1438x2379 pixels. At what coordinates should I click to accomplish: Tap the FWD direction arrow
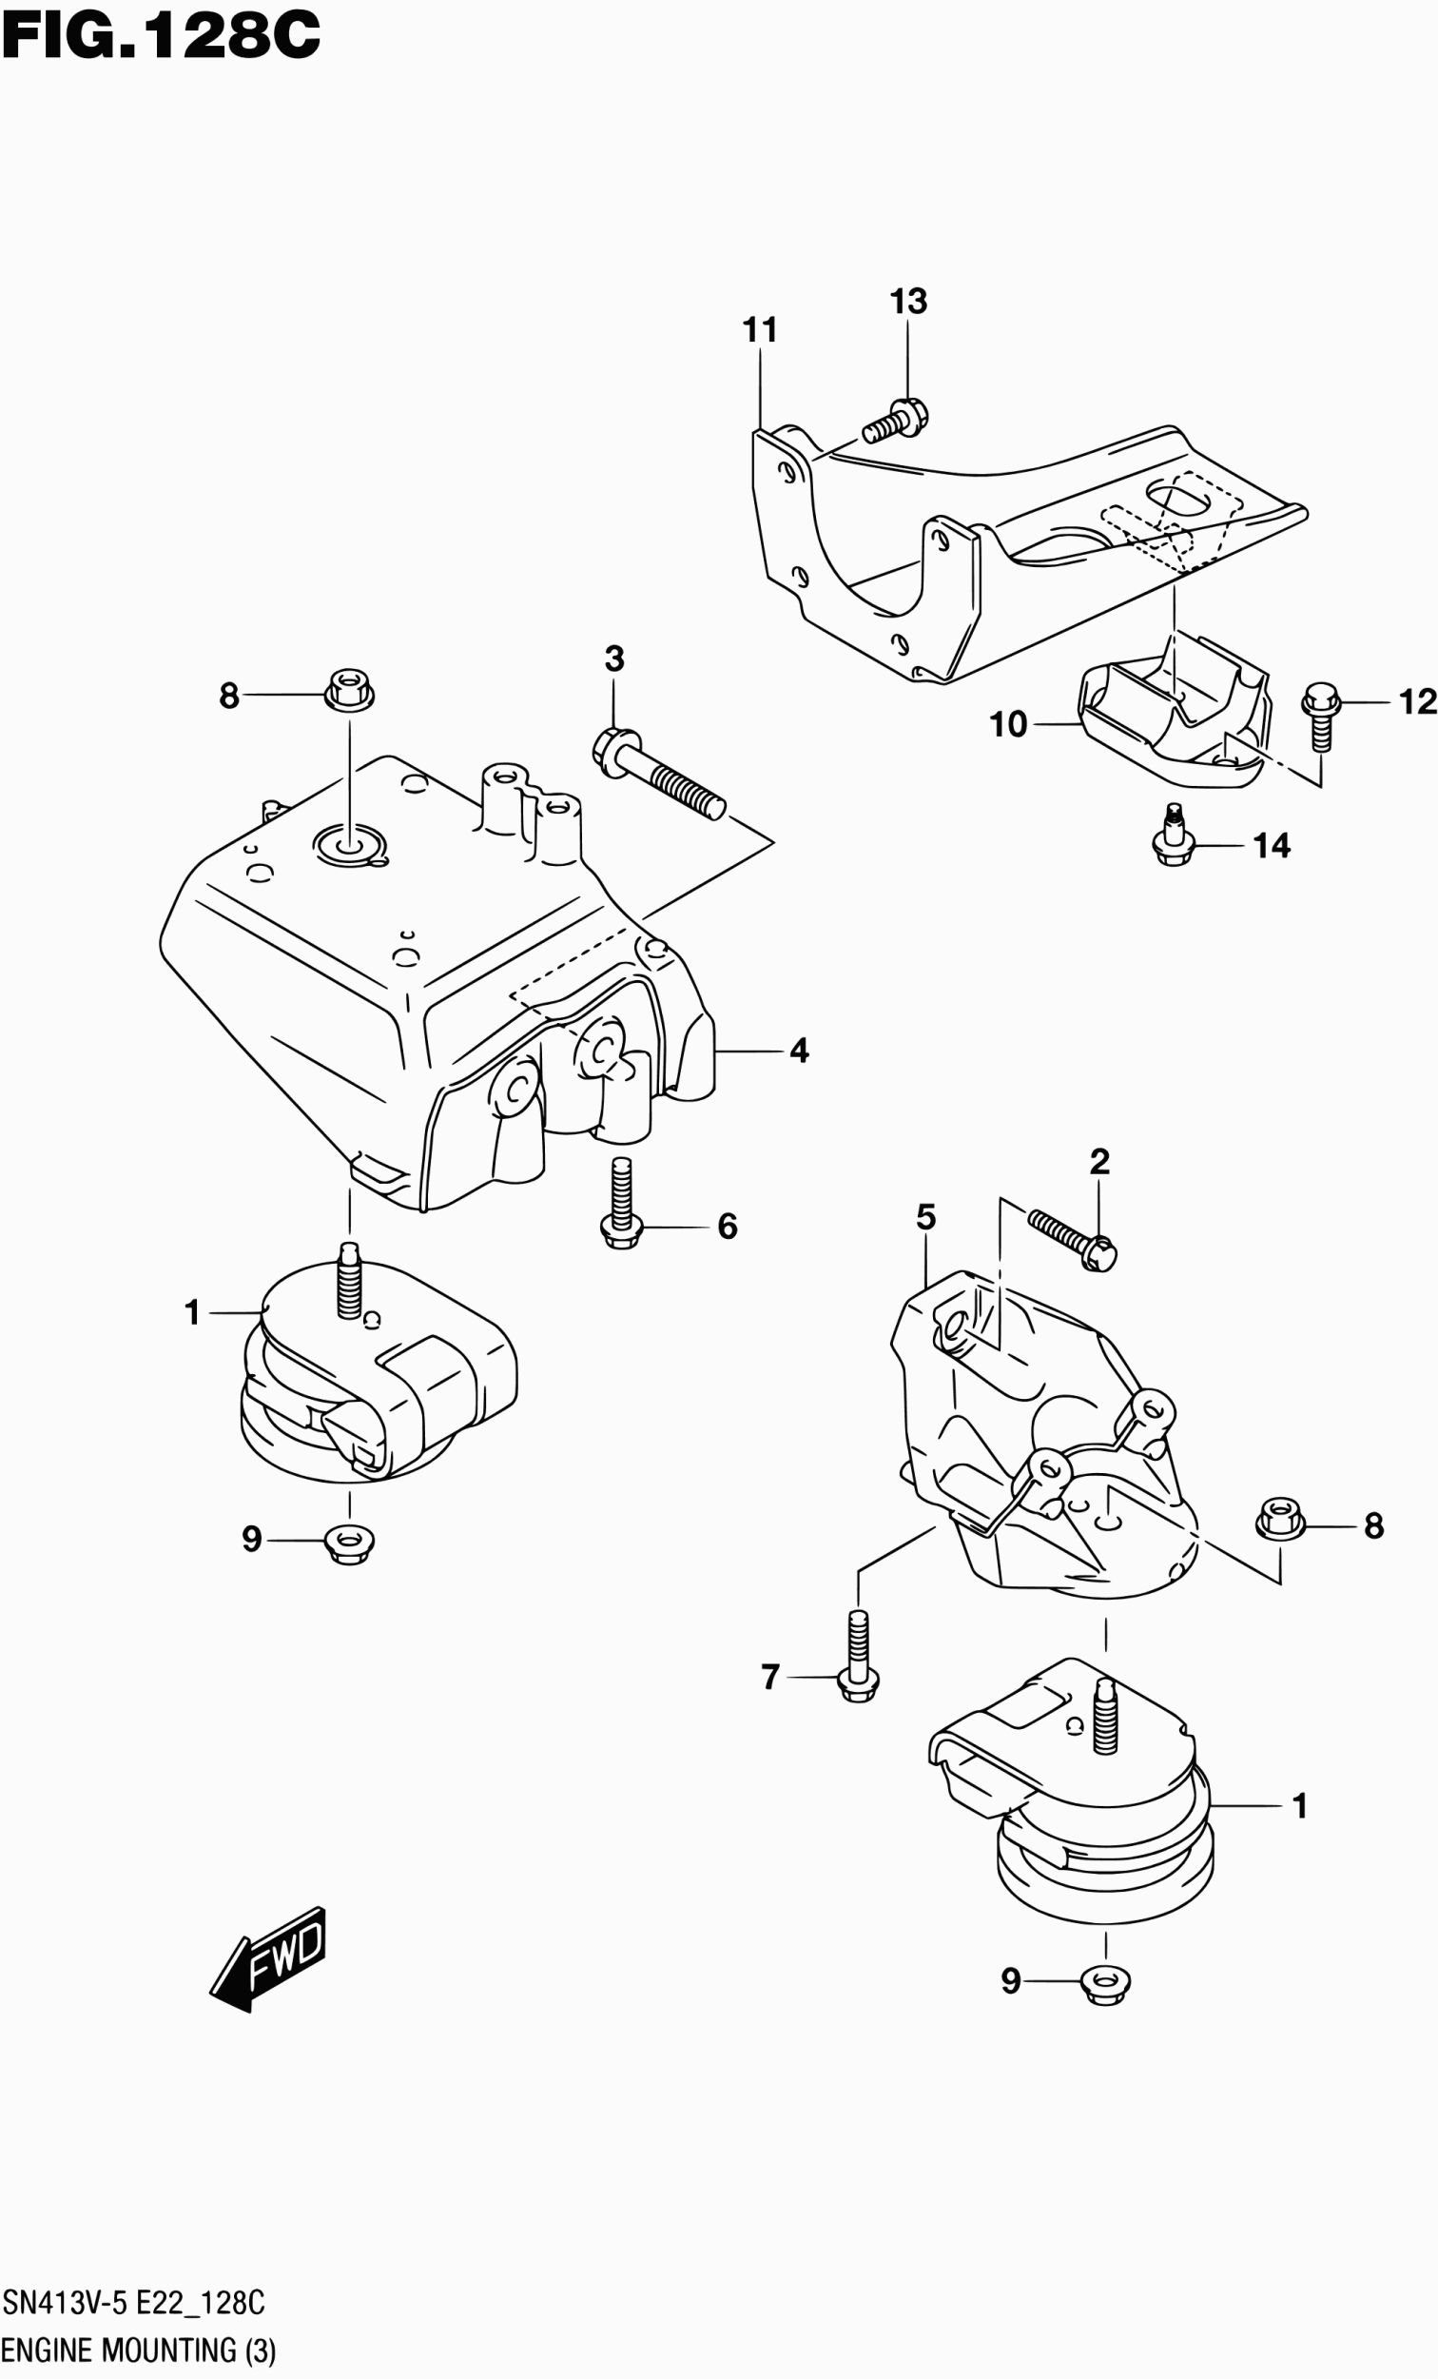269,1957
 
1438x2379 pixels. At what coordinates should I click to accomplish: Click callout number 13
907,302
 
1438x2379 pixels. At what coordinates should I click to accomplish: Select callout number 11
760,330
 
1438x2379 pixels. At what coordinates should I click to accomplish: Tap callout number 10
1008,724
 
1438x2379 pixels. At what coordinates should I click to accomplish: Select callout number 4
798,1051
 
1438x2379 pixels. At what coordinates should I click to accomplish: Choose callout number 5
925,1217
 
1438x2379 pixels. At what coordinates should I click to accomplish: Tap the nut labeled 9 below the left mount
349,1541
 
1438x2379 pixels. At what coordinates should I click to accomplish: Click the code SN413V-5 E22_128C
133,2302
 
